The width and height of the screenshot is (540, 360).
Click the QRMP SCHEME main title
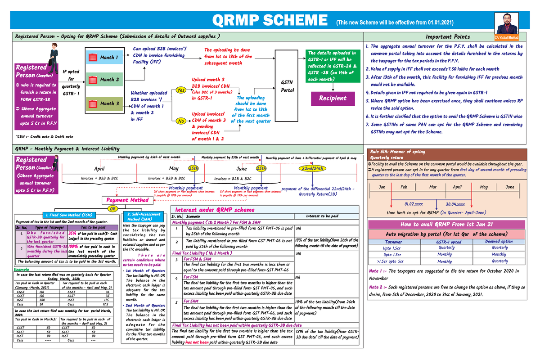(x=270, y=21)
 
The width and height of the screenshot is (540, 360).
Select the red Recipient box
(x=333, y=98)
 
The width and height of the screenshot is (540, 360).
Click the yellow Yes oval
(x=182, y=90)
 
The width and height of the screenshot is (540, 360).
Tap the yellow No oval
(x=181, y=121)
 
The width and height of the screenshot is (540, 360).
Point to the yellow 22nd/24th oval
(x=311, y=168)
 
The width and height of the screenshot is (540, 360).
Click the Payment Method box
(x=127, y=200)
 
